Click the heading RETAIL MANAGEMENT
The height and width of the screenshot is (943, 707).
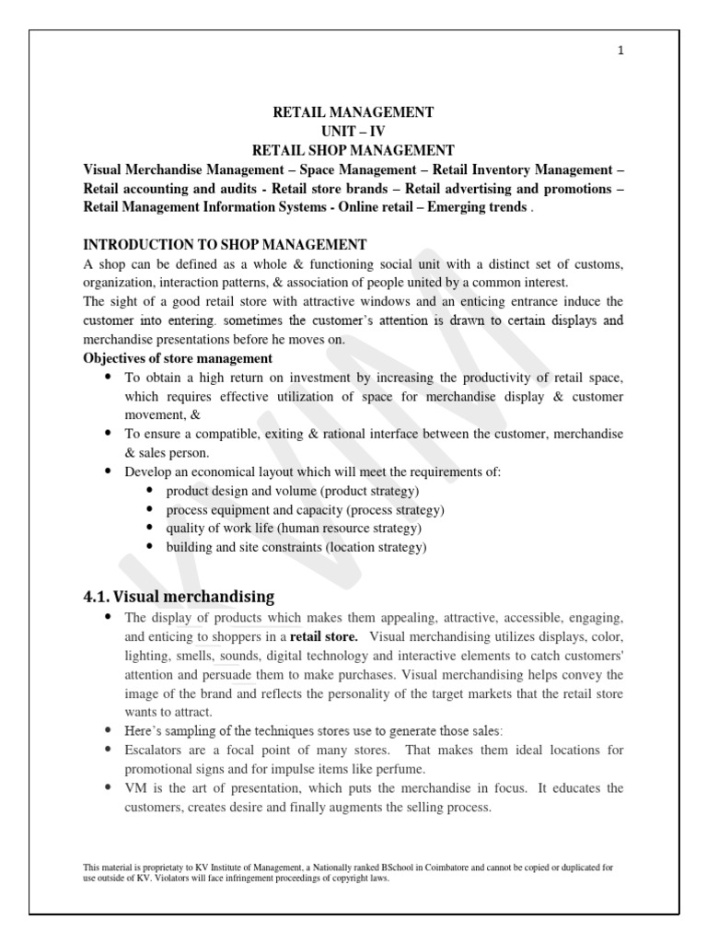353,112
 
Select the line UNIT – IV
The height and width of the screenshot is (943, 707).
353,131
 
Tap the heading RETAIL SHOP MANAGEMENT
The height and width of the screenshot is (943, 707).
353,150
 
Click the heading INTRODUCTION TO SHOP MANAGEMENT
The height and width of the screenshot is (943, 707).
225,244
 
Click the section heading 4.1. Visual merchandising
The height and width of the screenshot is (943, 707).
179,596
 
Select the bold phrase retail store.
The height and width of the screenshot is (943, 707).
325,637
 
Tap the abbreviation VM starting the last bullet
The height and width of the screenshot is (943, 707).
135,788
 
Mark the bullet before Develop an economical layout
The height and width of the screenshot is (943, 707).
109,471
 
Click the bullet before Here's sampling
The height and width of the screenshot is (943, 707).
109,731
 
